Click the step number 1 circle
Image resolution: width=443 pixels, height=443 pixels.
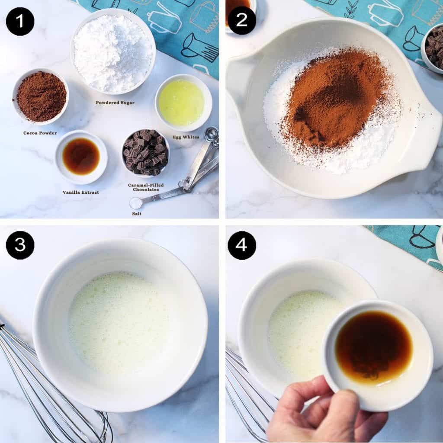[x=20, y=22]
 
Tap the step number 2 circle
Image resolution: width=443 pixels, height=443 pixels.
[x=242, y=20]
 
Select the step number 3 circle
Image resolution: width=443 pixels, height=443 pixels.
[x=20, y=245]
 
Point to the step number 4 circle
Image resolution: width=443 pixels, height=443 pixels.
[x=242, y=245]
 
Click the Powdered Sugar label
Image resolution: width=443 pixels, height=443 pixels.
[x=115, y=103]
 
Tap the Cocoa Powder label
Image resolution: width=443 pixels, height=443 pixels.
[x=40, y=133]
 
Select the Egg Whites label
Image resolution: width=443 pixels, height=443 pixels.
[x=186, y=137]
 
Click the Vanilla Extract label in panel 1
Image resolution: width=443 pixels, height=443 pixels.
[x=81, y=192]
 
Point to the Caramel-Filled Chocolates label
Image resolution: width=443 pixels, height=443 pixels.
[x=146, y=187]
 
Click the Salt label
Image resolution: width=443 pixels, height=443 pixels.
[x=137, y=214]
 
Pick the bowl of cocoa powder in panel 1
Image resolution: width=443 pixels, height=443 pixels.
[x=41, y=96]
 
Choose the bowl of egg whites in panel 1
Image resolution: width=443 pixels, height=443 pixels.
[x=183, y=103]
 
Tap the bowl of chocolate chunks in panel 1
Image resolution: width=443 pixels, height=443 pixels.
[x=145, y=153]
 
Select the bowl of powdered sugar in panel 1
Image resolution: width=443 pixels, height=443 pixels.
[x=113, y=51]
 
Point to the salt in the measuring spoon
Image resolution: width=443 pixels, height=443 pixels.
[x=136, y=203]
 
